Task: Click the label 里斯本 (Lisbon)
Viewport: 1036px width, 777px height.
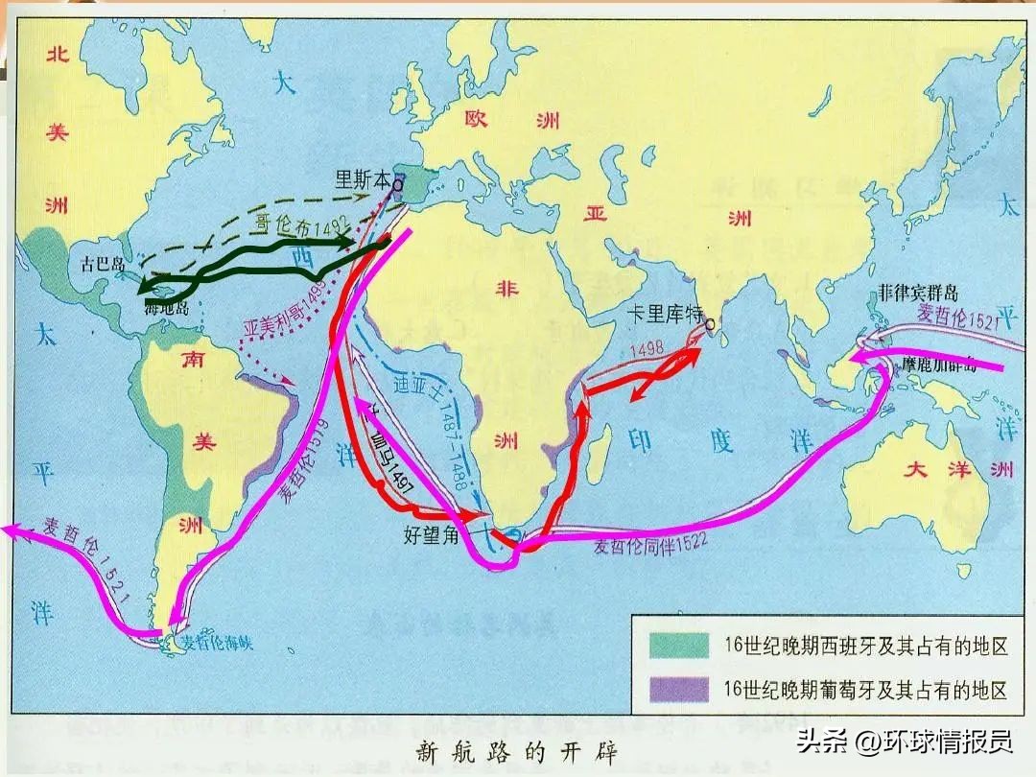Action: click(362, 177)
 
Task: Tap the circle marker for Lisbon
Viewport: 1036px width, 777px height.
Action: click(397, 179)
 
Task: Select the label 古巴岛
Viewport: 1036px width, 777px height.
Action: click(101, 263)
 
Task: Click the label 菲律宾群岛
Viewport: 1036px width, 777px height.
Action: click(918, 294)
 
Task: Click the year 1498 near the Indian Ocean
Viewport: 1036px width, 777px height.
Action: click(647, 350)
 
